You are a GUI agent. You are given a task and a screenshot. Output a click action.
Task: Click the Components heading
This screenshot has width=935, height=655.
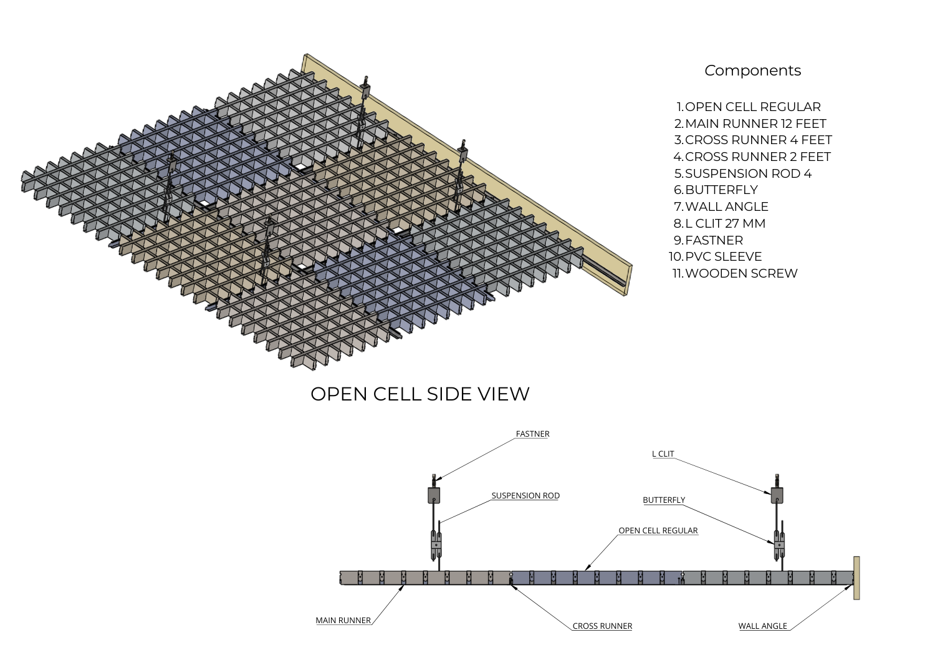pos(752,71)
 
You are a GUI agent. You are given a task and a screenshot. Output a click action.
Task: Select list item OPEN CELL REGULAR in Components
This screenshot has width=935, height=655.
pos(752,107)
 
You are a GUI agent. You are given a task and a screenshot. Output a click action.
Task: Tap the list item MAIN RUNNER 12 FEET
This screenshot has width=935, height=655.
pos(755,124)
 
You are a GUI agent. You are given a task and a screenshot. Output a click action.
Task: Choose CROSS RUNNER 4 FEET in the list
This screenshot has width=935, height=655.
pos(759,140)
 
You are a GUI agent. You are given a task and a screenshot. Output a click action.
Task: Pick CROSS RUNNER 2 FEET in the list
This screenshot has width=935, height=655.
pos(757,157)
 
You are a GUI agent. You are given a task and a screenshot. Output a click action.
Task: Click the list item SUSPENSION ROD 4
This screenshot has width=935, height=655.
pos(749,173)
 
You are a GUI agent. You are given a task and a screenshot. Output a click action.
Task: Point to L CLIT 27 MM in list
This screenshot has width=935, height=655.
pos(725,223)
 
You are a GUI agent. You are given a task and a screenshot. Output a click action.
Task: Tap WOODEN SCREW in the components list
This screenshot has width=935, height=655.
pos(741,273)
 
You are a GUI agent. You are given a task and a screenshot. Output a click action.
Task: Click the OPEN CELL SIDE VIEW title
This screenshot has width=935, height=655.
pos(420,394)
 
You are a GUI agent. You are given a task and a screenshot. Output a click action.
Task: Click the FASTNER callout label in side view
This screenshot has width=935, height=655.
pos(532,434)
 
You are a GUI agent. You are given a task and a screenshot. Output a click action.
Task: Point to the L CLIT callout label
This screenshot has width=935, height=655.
pos(663,454)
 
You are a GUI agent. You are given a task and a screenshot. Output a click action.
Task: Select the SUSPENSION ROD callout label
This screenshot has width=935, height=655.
pos(525,495)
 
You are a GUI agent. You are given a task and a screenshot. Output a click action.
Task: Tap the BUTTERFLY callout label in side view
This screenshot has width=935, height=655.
pos(664,500)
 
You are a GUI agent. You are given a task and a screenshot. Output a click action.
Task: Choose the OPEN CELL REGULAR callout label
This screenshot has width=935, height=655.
pos(658,530)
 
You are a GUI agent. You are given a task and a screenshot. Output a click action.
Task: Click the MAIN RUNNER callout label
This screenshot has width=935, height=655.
pos(343,620)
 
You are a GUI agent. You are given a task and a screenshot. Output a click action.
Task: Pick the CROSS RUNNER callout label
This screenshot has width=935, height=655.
pos(602,626)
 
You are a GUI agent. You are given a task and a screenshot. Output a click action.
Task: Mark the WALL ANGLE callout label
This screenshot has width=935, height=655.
pos(762,626)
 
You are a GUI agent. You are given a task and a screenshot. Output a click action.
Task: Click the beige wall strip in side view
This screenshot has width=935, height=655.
pos(856,578)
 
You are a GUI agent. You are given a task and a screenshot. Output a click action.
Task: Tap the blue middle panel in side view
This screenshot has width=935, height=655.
pos(597,578)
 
